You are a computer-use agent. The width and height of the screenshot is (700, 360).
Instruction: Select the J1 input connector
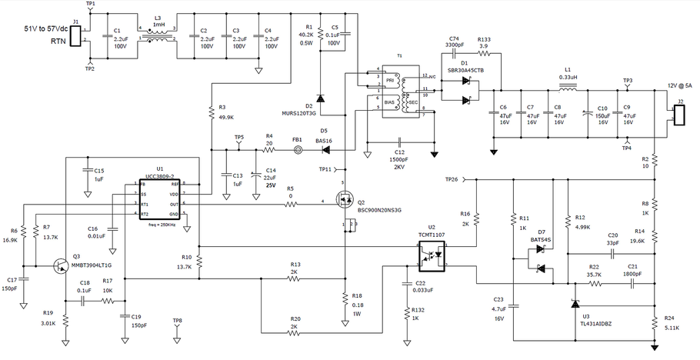(75, 35)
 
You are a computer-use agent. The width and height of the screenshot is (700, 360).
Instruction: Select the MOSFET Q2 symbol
(343, 203)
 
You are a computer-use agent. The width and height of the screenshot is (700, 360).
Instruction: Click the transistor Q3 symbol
(59, 265)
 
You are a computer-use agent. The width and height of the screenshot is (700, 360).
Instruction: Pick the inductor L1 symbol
(568, 86)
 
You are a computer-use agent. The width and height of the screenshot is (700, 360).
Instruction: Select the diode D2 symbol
(320, 98)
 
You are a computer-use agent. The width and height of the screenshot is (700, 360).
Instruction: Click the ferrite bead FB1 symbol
(297, 150)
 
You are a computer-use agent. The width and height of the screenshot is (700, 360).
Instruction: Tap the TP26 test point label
(453, 179)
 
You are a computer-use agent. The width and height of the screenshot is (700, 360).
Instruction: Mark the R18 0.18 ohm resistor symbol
(344, 298)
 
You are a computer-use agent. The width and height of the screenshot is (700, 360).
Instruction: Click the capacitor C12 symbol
(400, 142)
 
